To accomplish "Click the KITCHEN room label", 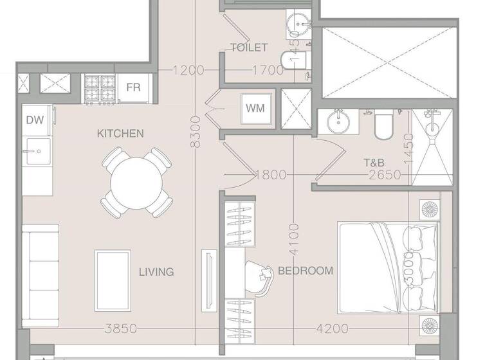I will [120, 134].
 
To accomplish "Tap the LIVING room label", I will [156, 272].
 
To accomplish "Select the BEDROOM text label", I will [306, 271].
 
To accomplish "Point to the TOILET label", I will [249, 48].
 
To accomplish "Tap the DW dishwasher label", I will [34, 120].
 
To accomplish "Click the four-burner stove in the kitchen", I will [100, 89].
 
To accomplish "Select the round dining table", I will [136, 183].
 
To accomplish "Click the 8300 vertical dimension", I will [196, 132].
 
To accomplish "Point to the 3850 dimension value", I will [120, 329].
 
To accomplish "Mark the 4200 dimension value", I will [333, 329].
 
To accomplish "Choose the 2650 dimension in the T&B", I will [385, 175].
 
